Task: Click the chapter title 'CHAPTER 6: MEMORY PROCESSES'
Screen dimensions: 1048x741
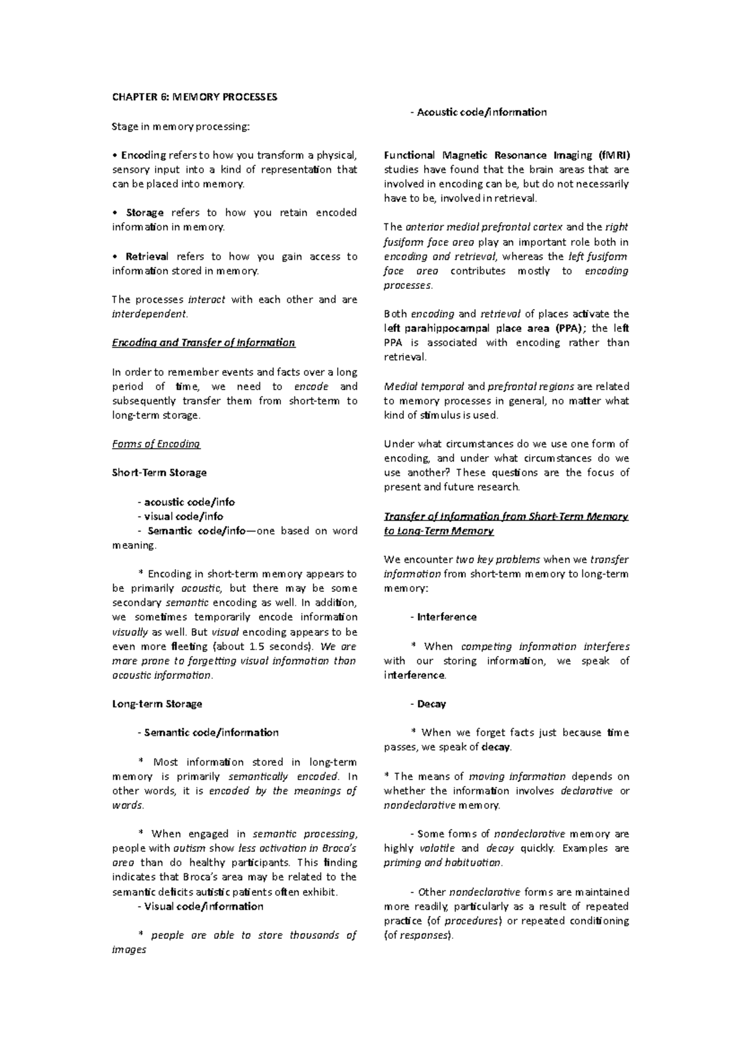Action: (x=195, y=97)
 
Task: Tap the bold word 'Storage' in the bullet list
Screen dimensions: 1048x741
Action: (x=144, y=213)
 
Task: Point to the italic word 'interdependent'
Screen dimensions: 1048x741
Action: (x=148, y=314)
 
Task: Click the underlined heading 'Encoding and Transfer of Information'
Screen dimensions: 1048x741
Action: (x=204, y=343)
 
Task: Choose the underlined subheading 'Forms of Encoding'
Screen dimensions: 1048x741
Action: (x=156, y=444)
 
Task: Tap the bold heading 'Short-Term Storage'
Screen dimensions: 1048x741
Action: (x=159, y=473)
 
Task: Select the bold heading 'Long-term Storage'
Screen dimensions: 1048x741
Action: (x=157, y=704)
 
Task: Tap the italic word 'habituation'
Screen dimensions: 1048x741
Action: (x=474, y=863)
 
